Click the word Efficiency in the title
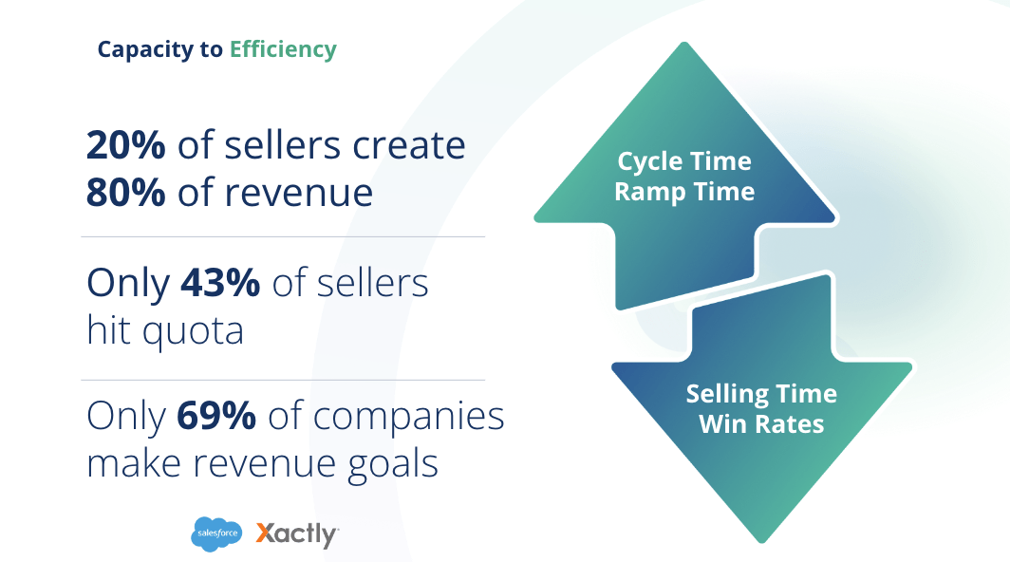tap(283, 49)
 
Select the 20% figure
tap(126, 145)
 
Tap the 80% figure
tap(126, 192)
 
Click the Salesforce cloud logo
tap(216, 534)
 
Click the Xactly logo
tap(297, 534)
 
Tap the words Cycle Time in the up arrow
tap(684, 161)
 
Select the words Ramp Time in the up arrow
tap(684, 192)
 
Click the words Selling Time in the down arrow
tap(761, 393)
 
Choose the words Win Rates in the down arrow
tap(761, 423)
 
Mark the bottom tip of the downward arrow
tap(761, 541)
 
